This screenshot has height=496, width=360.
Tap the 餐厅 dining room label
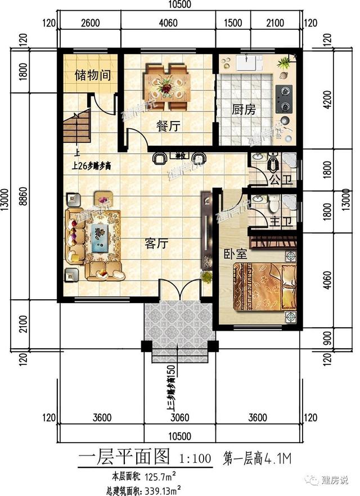point(168,127)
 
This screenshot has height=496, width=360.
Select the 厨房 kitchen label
point(244,110)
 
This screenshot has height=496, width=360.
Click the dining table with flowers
point(166,85)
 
